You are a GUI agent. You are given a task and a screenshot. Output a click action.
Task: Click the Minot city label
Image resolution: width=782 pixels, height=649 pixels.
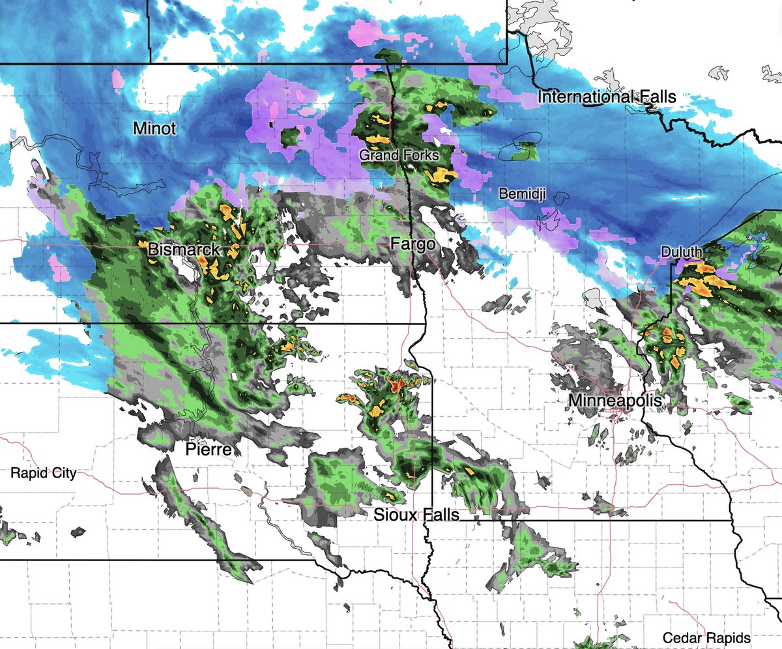[x=154, y=129]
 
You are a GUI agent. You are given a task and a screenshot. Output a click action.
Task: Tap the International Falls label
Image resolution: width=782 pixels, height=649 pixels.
[x=606, y=97]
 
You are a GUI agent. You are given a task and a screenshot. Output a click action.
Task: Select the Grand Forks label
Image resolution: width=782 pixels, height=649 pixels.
[x=399, y=156]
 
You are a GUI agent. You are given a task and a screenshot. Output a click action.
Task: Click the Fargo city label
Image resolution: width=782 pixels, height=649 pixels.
[x=412, y=244]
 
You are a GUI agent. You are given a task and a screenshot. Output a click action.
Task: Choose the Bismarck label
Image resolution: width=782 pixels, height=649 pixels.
[x=184, y=249]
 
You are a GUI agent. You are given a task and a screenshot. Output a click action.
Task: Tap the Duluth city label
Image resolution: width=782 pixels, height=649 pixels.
[x=680, y=252]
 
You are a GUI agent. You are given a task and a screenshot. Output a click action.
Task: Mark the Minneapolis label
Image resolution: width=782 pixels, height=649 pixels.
[x=615, y=400]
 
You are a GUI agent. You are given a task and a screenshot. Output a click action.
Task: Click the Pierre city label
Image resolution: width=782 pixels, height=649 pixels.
[x=209, y=449]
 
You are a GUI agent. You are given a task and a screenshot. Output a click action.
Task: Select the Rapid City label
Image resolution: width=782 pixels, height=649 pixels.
[x=43, y=473]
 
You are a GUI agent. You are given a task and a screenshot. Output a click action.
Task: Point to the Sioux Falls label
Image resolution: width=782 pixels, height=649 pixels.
[x=416, y=515]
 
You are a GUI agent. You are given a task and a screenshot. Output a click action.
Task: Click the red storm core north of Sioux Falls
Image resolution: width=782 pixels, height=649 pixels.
[x=396, y=384]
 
